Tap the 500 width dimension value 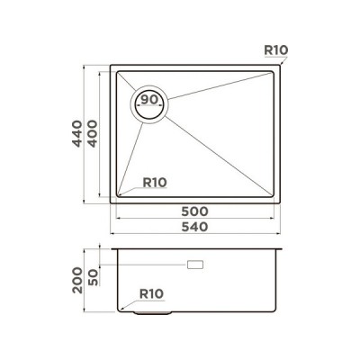193,211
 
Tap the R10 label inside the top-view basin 156,182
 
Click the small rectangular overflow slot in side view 193,265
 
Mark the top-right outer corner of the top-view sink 280,64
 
